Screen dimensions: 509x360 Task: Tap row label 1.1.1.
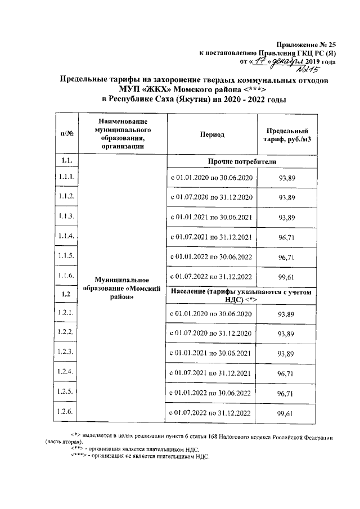click(x=67, y=177)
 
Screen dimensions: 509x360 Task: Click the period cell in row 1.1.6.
click(x=211, y=277)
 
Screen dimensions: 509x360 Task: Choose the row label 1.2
click(x=67, y=294)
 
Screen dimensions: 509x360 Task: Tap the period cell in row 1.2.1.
click(x=211, y=313)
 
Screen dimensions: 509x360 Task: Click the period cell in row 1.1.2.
click(x=211, y=197)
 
